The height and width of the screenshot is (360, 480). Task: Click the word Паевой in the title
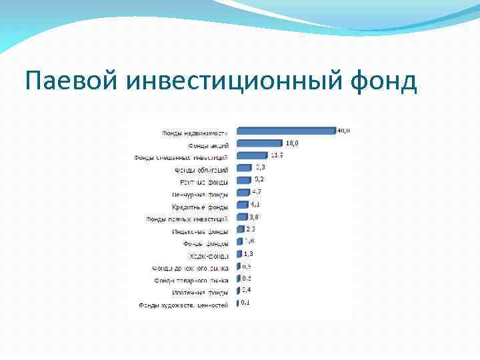[61, 82]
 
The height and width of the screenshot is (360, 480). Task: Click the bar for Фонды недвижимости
[285, 131]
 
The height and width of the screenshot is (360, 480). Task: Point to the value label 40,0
[344, 130]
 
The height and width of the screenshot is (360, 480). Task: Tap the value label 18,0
[292, 143]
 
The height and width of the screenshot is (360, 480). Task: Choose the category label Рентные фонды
[203, 182]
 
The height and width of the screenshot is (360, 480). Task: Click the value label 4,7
[257, 192]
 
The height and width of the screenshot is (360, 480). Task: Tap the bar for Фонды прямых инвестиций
[241, 218]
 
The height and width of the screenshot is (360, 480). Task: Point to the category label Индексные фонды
[199, 231]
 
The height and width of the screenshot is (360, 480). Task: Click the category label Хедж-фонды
[209, 255]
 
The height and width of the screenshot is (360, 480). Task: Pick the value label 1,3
[248, 254]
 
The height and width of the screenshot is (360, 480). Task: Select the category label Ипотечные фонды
[199, 292]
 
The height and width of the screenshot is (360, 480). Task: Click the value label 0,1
[245, 303]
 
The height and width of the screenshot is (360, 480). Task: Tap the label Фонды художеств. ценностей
[183, 305]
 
